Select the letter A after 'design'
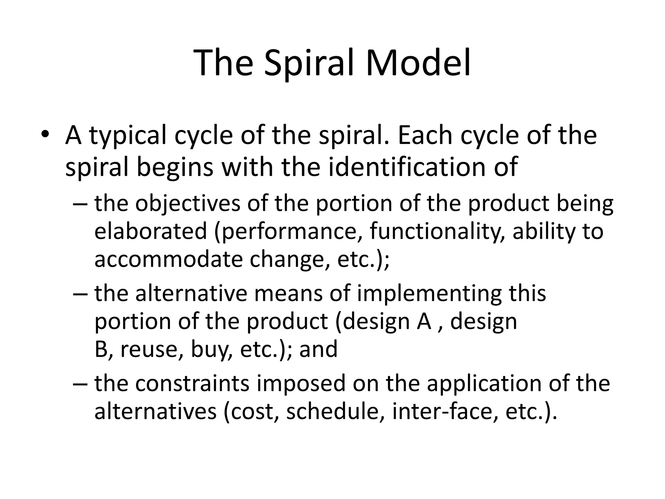[424, 322]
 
